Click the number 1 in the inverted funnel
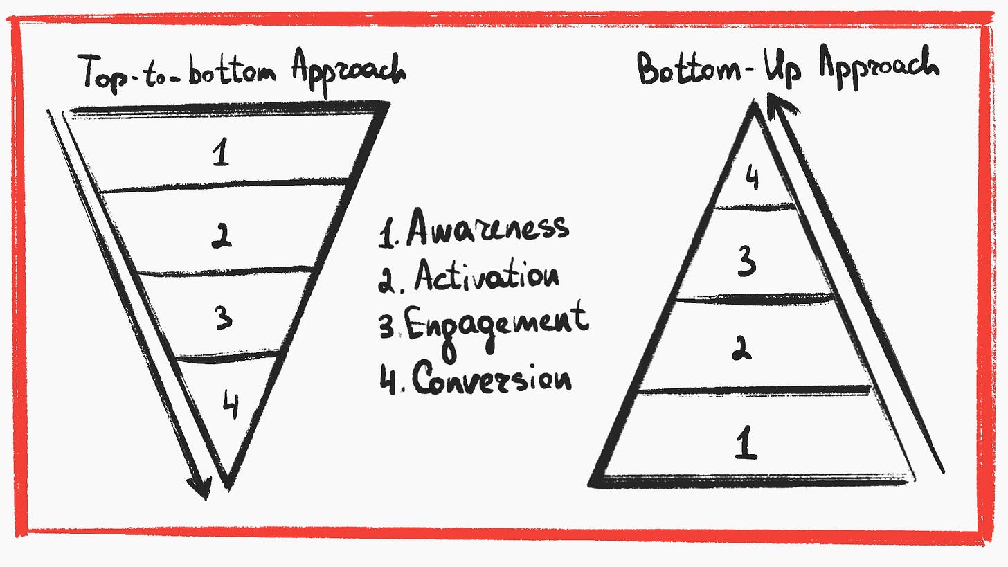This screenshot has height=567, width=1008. [x=221, y=152]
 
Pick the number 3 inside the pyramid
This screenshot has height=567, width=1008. [x=746, y=262]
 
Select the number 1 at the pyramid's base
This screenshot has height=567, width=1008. [x=746, y=444]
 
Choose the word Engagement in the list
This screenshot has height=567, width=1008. [x=496, y=325]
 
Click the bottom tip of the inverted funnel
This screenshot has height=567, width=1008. [x=227, y=481]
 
